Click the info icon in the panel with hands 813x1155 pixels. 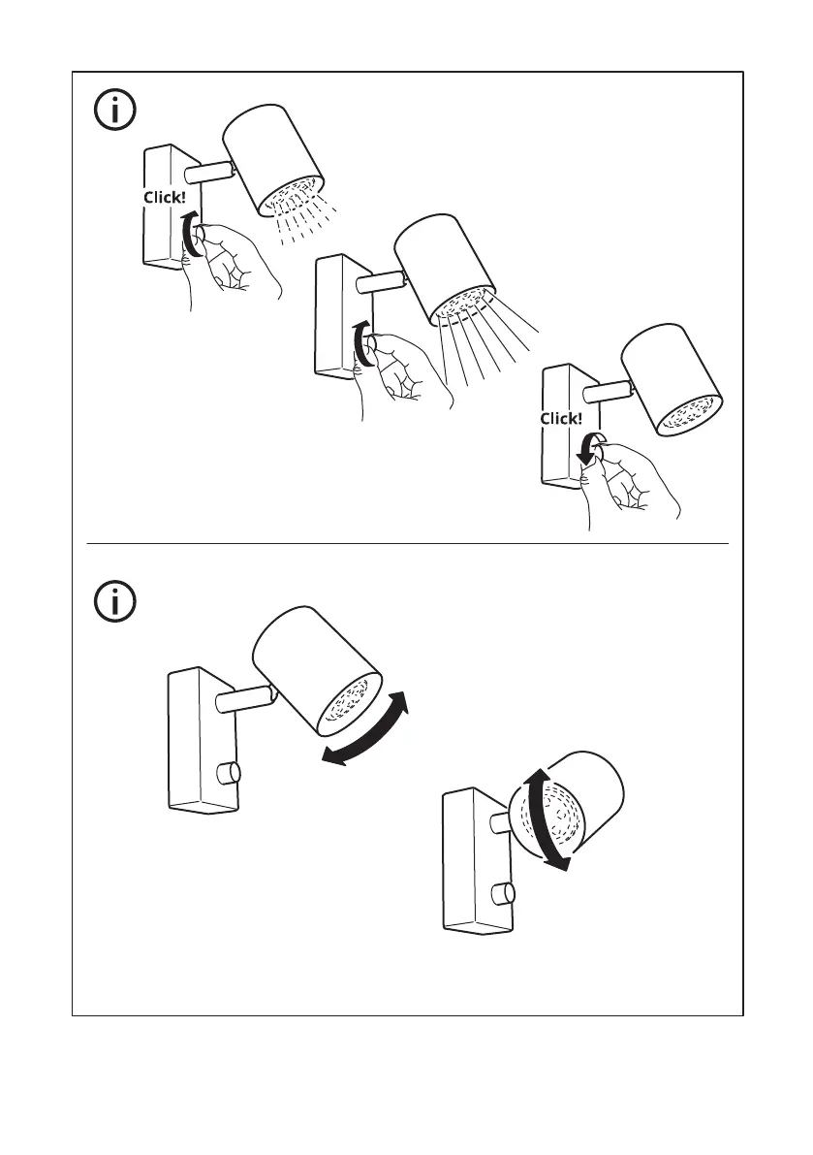[115, 111]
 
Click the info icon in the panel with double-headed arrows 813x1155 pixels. [115, 602]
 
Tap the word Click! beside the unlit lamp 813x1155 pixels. [562, 419]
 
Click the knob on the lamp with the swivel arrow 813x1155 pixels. [229, 773]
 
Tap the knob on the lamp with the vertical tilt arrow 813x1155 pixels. [502, 894]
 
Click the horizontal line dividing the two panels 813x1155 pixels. [407, 544]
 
